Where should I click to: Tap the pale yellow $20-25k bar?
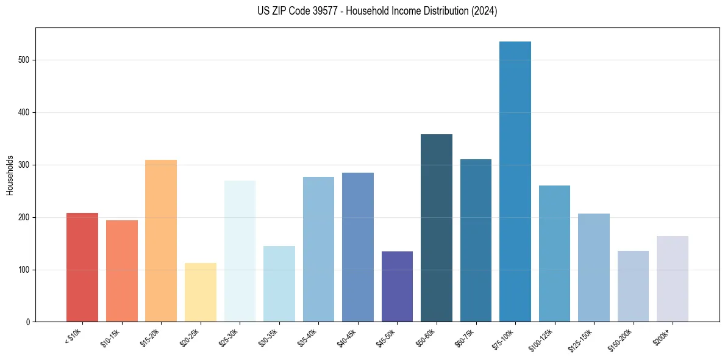pos(201,292)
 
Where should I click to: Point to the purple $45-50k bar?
pos(397,287)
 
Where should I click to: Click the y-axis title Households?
pos(10,175)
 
